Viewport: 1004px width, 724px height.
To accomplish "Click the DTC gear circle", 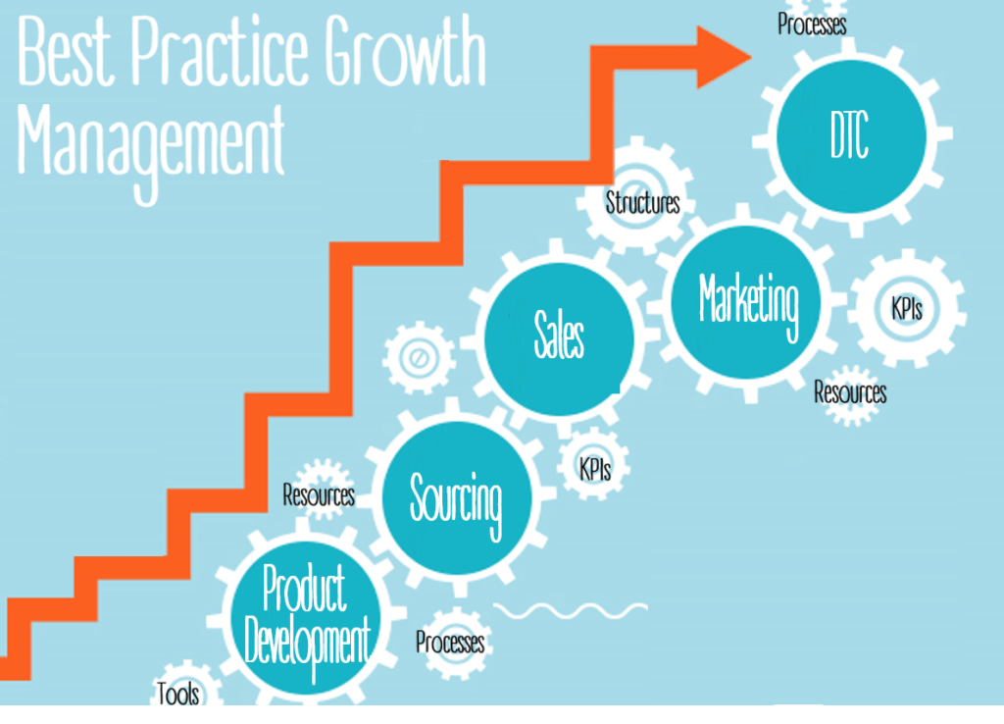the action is coord(851,135).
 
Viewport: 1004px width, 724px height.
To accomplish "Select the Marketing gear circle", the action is coord(746,302).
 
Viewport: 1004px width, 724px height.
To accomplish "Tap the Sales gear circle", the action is coord(559,338).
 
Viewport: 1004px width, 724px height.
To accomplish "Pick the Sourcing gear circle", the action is coord(457,497).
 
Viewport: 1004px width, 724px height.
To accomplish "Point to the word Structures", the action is coord(642,203).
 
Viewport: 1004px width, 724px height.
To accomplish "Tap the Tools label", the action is coord(178,694).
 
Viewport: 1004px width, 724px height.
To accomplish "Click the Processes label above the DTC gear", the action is coord(812,25).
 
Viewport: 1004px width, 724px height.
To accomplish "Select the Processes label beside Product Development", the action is coord(450,642).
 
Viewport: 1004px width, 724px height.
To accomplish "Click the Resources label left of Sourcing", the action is coord(319,494).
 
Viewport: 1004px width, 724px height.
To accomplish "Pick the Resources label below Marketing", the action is coord(850,392).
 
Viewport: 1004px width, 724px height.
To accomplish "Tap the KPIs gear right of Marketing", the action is coord(907,308).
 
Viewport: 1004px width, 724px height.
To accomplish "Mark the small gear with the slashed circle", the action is coord(419,357).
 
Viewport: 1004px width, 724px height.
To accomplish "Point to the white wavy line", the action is coord(571,610).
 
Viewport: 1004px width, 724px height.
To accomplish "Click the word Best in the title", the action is coord(66,51).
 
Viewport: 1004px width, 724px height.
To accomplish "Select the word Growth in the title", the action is coord(405,50).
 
